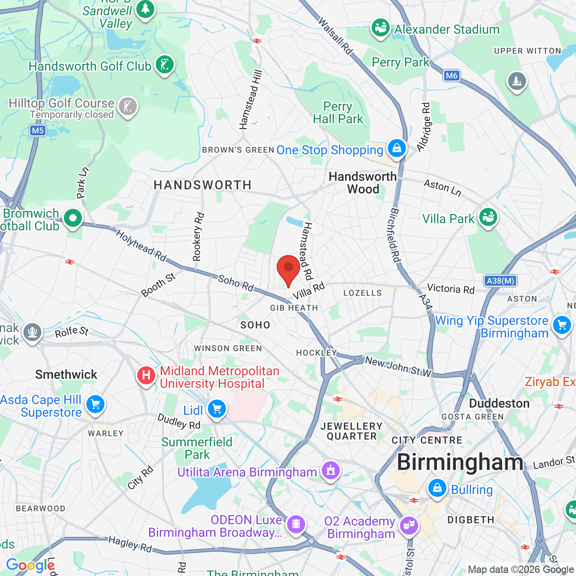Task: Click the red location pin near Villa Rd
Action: (x=288, y=269)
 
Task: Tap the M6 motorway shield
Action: (x=451, y=76)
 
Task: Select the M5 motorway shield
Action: (x=38, y=130)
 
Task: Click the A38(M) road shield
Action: (x=500, y=281)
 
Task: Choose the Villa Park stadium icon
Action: (x=488, y=217)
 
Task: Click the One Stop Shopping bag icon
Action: (x=396, y=148)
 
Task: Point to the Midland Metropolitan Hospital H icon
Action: (x=146, y=375)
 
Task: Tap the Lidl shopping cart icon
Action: (x=217, y=409)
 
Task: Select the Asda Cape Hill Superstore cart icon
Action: (x=95, y=404)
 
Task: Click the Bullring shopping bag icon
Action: (x=437, y=488)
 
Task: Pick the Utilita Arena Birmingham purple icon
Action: (x=331, y=471)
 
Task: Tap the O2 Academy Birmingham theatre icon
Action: (x=409, y=525)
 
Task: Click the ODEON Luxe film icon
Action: (x=296, y=524)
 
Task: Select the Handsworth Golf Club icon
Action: (x=165, y=65)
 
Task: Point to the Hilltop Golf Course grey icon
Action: (x=128, y=107)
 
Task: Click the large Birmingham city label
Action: (x=460, y=462)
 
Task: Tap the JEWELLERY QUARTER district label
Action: (x=351, y=431)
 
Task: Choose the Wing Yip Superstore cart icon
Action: (x=562, y=325)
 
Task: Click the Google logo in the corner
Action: (x=30, y=565)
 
